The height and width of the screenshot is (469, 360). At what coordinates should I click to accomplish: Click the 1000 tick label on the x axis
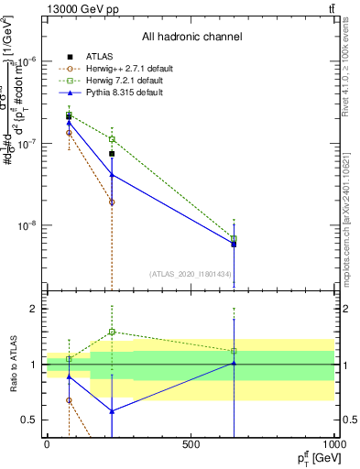point(334,445)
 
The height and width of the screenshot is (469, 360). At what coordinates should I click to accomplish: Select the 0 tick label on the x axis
point(47,445)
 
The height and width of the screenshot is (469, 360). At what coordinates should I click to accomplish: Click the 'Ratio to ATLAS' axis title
point(12,365)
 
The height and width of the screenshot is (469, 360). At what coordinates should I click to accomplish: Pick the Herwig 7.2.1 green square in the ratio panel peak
point(112,332)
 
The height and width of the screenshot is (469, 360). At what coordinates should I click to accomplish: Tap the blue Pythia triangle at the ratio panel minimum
point(112,411)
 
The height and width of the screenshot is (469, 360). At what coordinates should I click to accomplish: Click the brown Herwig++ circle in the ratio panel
point(70,400)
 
